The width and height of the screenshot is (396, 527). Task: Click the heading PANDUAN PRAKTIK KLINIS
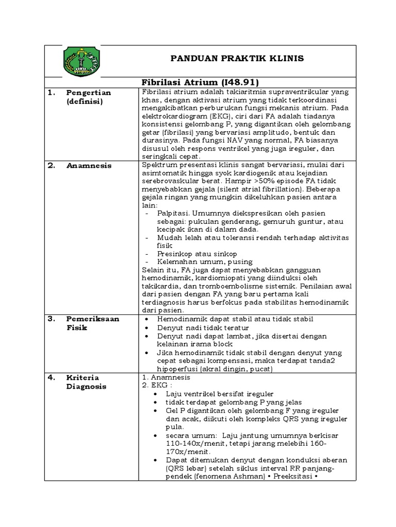tap(237, 59)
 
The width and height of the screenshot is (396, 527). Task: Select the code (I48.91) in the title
tap(239, 82)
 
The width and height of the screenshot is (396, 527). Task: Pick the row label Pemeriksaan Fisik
tap(92, 323)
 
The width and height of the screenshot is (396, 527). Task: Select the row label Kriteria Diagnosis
tap(86, 382)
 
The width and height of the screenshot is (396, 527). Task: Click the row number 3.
tap(51, 319)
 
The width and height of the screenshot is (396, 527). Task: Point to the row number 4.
tap(51, 378)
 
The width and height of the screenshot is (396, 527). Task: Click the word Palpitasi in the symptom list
tap(173, 213)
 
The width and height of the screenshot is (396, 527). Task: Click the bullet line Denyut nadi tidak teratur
tap(203, 327)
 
